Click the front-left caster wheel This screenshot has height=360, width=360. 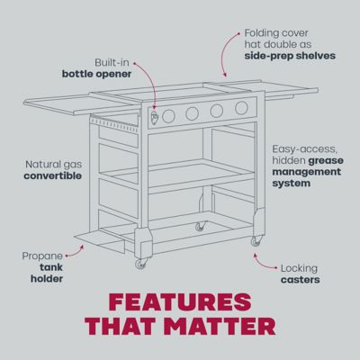pyautogui.click(x=139, y=264)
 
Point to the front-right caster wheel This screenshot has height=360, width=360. pyautogui.click(x=256, y=241)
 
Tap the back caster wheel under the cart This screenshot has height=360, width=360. pyautogui.click(x=200, y=225)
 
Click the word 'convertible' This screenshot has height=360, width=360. pyautogui.click(x=54, y=176)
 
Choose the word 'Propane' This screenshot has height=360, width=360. pyautogui.click(x=42, y=256)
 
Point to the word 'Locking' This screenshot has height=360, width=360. pyautogui.click(x=299, y=267)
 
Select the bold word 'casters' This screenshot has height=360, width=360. pyautogui.click(x=300, y=279)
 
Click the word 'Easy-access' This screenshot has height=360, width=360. pyautogui.click(x=303, y=148)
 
